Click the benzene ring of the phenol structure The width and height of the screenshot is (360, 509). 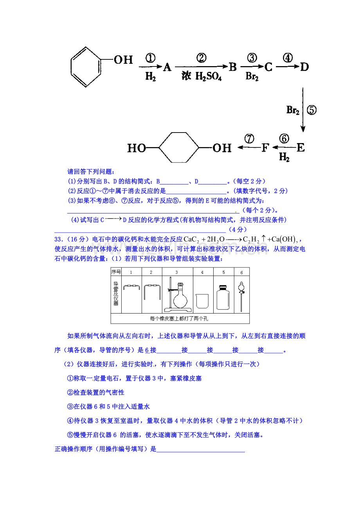[x=71, y=67]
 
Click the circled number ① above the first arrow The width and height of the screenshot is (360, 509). [x=150, y=58]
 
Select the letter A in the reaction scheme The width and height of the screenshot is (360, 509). [x=167, y=67]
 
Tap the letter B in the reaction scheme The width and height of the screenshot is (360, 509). [x=233, y=67]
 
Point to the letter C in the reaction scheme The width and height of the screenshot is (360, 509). [x=268, y=67]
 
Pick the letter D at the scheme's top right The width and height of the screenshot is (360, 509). [x=304, y=67]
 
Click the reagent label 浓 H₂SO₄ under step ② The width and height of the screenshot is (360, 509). [x=202, y=76]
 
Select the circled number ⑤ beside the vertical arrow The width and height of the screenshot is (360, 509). [x=311, y=110]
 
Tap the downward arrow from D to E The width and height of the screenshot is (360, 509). [x=303, y=110]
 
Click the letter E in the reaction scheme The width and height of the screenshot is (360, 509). [x=301, y=147]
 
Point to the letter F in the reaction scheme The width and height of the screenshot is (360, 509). [x=265, y=147]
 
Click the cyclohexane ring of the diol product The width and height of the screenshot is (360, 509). [x=159, y=147]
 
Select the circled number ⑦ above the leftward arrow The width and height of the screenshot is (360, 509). [x=249, y=139]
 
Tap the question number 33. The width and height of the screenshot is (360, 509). [x=58, y=239]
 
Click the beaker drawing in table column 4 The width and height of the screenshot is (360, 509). [x=202, y=301]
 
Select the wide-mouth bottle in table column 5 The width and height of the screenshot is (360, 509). [x=223, y=298]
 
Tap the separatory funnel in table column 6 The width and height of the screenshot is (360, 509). [x=241, y=296]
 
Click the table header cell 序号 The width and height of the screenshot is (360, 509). [x=116, y=272]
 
